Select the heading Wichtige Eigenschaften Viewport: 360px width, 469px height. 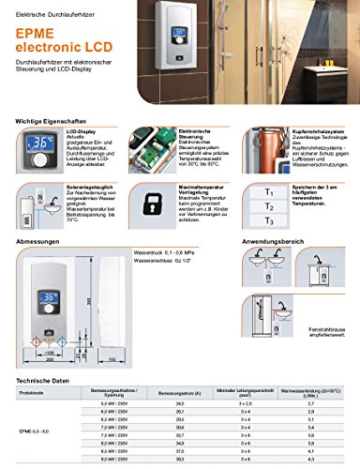click(x=44, y=120)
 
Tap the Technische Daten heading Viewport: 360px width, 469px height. click(x=41, y=380)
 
